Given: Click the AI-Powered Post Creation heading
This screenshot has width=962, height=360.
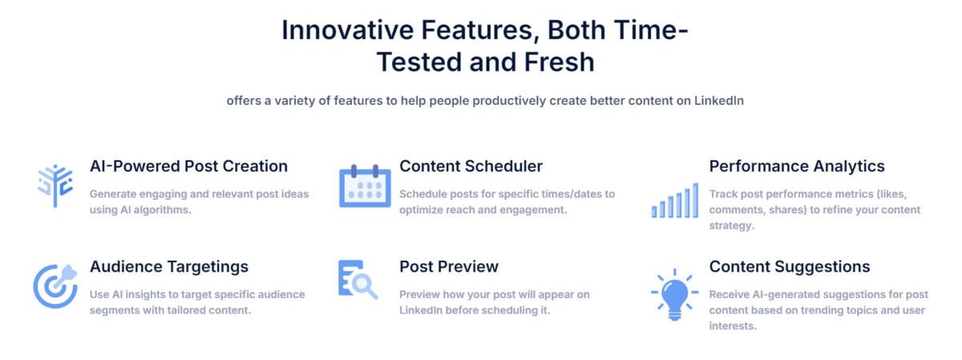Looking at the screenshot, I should [188, 167].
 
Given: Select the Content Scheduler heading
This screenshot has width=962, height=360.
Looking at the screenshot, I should [471, 167].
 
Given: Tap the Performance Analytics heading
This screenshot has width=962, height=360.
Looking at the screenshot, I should [797, 167].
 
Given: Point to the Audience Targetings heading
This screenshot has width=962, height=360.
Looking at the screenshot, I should [169, 267].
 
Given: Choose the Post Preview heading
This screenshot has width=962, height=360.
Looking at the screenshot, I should [449, 267].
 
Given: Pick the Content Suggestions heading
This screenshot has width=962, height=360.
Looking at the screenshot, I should [790, 267].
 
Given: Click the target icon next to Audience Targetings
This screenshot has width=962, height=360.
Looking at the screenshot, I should [55, 285].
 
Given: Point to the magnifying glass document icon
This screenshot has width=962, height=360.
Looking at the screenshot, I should [358, 280].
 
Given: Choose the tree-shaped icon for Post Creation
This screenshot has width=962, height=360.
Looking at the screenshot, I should [55, 186].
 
